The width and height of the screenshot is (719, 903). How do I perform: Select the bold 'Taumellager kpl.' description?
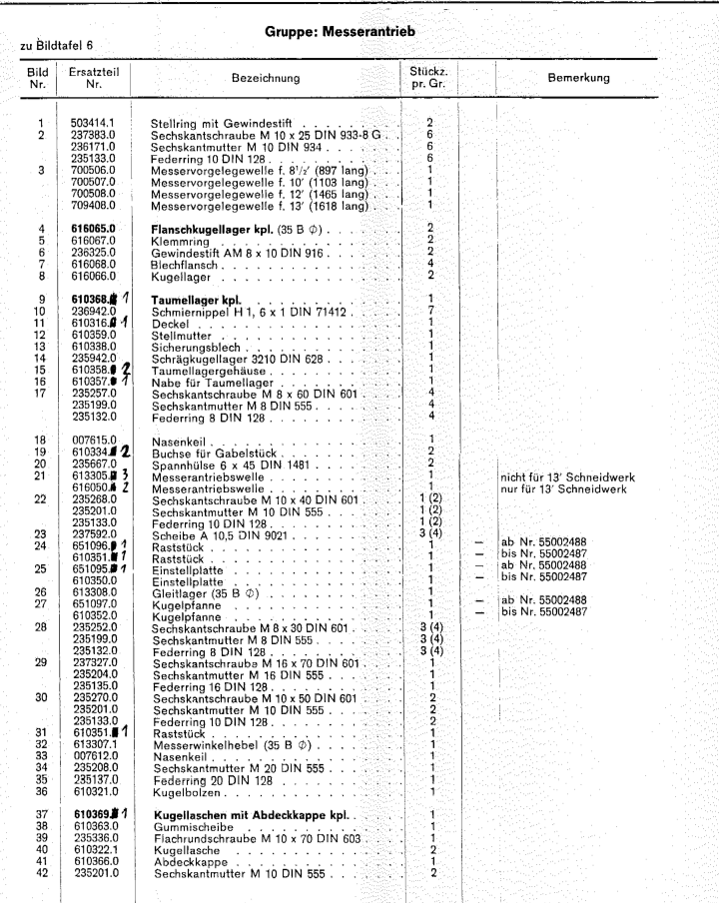tap(194, 299)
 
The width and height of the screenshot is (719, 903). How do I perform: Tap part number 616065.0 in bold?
tap(92, 229)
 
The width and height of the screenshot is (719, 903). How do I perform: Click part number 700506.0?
tap(92, 170)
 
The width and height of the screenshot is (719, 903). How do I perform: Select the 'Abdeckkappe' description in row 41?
tap(188, 862)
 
